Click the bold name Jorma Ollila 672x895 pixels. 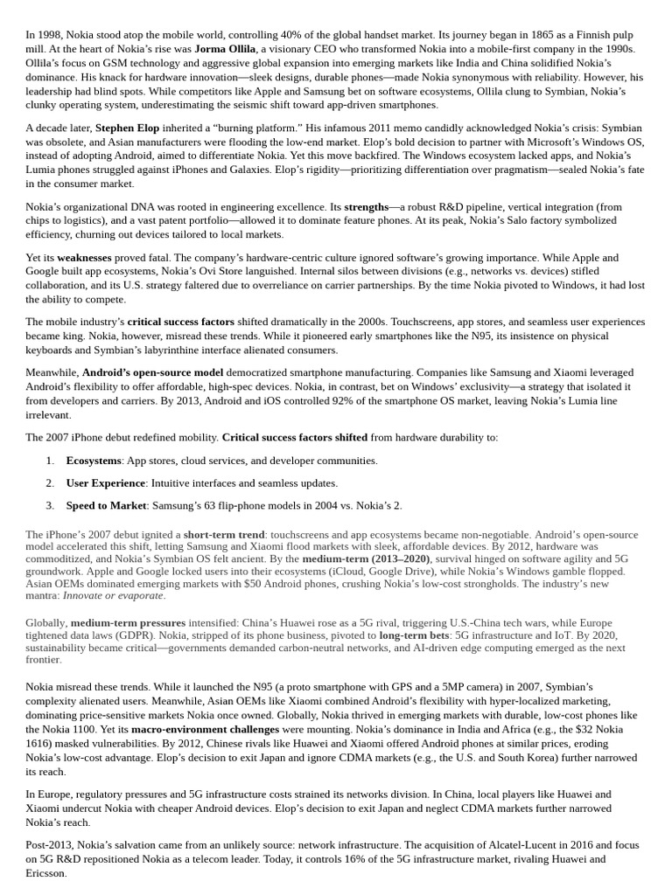[x=225, y=49]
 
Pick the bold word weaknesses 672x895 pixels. [x=84, y=258]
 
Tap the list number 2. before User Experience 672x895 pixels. [x=50, y=482]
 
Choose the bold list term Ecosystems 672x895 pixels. [x=94, y=461]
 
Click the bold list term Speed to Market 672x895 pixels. [x=104, y=505]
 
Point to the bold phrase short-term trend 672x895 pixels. [x=223, y=534]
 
